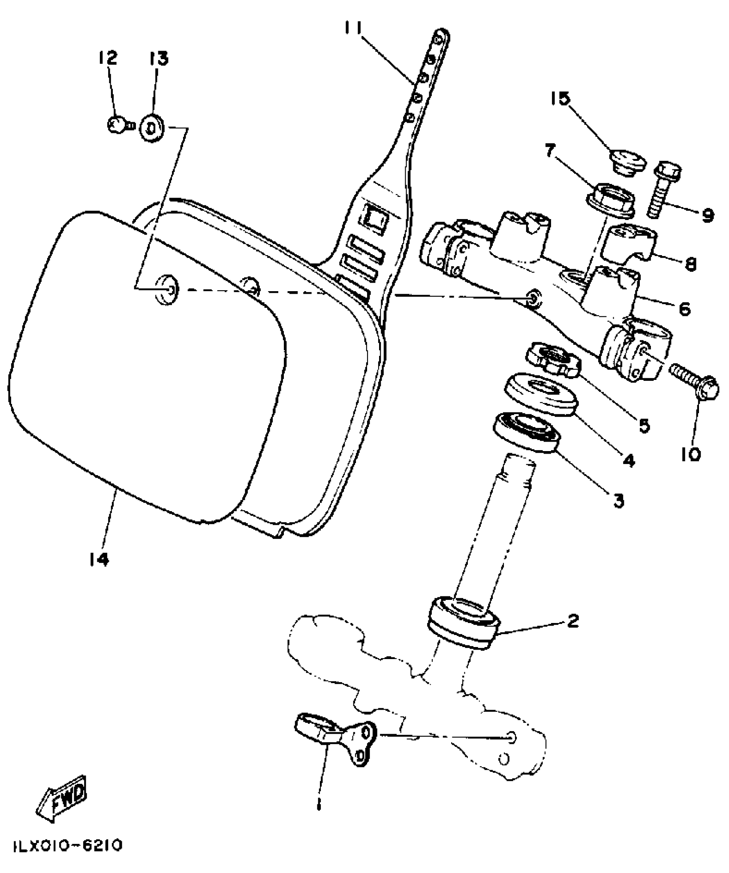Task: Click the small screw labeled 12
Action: (x=117, y=125)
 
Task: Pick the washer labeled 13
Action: (x=151, y=128)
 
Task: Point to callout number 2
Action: (x=573, y=621)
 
